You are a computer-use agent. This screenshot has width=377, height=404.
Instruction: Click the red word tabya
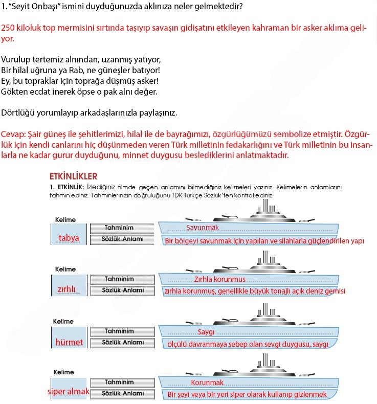click(69, 238)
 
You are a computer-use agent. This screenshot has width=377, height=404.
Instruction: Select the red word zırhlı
click(66, 289)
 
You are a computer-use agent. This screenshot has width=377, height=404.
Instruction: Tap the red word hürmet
click(69, 342)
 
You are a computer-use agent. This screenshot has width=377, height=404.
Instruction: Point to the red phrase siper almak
click(68, 391)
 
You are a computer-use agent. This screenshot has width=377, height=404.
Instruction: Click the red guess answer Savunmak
click(202, 227)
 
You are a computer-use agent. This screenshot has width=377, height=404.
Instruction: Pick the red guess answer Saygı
click(206, 332)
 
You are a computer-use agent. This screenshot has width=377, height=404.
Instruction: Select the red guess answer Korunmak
click(207, 383)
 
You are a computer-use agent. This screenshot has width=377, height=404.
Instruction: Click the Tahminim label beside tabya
click(119, 228)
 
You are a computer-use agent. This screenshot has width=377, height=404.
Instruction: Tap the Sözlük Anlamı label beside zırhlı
click(123, 290)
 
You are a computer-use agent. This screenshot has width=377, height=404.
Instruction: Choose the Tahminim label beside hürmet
click(119, 331)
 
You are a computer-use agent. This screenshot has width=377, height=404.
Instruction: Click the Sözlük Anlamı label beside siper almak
click(123, 393)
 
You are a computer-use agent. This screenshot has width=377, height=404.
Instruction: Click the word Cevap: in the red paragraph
click(14, 134)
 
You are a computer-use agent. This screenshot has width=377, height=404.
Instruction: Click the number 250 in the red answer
click(9, 28)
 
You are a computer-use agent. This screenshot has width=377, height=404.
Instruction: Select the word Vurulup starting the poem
click(15, 59)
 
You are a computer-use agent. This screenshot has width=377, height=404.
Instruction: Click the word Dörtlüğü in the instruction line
click(17, 112)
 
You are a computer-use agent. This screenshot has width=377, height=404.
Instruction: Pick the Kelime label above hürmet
click(63, 322)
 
